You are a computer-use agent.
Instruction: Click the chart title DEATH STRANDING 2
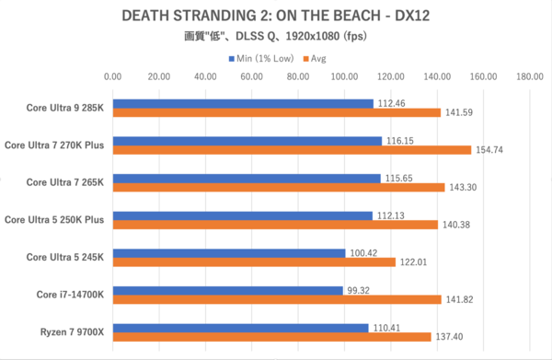[275, 17]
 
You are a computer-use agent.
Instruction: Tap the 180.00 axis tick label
[530, 77]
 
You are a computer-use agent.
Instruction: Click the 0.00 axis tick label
[113, 77]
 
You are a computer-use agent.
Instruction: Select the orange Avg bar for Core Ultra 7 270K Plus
[292, 149]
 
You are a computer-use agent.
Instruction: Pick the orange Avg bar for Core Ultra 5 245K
[254, 261]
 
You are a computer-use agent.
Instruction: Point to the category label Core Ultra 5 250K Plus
[54, 219]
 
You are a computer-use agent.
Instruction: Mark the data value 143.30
[464, 187]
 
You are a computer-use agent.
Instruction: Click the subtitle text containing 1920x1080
[275, 38]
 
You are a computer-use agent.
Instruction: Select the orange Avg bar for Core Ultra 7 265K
[279, 187]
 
